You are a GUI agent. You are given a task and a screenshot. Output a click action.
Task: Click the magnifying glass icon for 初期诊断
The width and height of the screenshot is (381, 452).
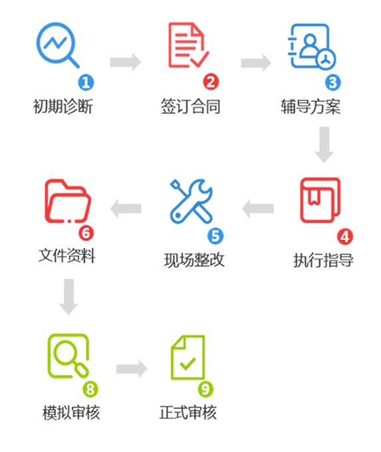tap(57, 45)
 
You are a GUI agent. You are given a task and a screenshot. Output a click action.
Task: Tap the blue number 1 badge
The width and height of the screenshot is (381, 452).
tap(86, 82)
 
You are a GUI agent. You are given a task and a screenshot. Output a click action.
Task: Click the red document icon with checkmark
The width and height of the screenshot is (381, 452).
tap(188, 45)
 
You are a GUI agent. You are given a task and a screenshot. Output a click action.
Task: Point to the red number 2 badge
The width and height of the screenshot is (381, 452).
tap(211, 82)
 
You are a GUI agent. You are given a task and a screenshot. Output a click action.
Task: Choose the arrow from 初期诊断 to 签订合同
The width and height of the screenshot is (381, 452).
tap(126, 62)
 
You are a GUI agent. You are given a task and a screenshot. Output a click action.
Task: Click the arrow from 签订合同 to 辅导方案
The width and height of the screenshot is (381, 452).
tap(256, 62)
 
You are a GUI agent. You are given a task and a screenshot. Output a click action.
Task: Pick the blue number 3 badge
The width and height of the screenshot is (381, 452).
tap(332, 82)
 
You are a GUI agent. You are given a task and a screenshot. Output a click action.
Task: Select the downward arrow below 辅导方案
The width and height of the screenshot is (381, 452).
tap(324, 145)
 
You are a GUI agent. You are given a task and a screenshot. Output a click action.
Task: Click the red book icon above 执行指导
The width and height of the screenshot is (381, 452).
tap(320, 200)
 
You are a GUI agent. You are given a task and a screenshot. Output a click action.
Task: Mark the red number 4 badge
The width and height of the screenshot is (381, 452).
tap(344, 236)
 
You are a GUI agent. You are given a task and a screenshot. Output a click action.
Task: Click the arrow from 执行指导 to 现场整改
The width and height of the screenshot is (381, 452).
tap(257, 208)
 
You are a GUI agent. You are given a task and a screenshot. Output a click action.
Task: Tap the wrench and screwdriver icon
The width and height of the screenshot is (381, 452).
tap(191, 201)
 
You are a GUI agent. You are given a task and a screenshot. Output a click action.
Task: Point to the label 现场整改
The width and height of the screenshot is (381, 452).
tap(194, 260)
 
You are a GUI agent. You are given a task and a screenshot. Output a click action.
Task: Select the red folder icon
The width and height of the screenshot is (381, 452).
tap(66, 200)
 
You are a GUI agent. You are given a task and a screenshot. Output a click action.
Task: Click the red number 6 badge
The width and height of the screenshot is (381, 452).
tap(86, 233)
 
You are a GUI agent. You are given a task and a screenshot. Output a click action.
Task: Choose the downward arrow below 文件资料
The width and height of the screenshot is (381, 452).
tap(68, 297)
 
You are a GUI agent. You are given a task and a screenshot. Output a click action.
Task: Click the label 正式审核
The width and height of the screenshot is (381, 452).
tap(188, 412)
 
